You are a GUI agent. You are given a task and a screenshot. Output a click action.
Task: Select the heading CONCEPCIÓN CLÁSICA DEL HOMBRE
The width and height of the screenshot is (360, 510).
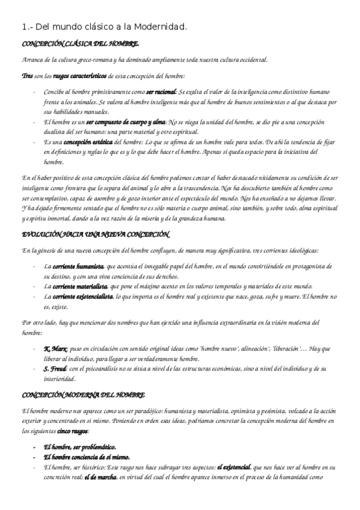pos(81,45)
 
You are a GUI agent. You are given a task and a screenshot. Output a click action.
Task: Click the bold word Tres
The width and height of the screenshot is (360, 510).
pos(26,76)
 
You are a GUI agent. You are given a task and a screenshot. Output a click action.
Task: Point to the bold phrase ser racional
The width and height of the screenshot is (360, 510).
pos(161,93)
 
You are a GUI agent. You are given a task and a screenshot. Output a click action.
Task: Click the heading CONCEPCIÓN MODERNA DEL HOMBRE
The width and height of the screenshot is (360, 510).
pos(83,395)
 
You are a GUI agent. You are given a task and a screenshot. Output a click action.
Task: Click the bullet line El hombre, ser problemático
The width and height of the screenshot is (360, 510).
pos(79,448)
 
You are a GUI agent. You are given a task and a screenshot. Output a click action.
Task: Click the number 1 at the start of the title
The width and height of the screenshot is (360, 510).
pos(23,27)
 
